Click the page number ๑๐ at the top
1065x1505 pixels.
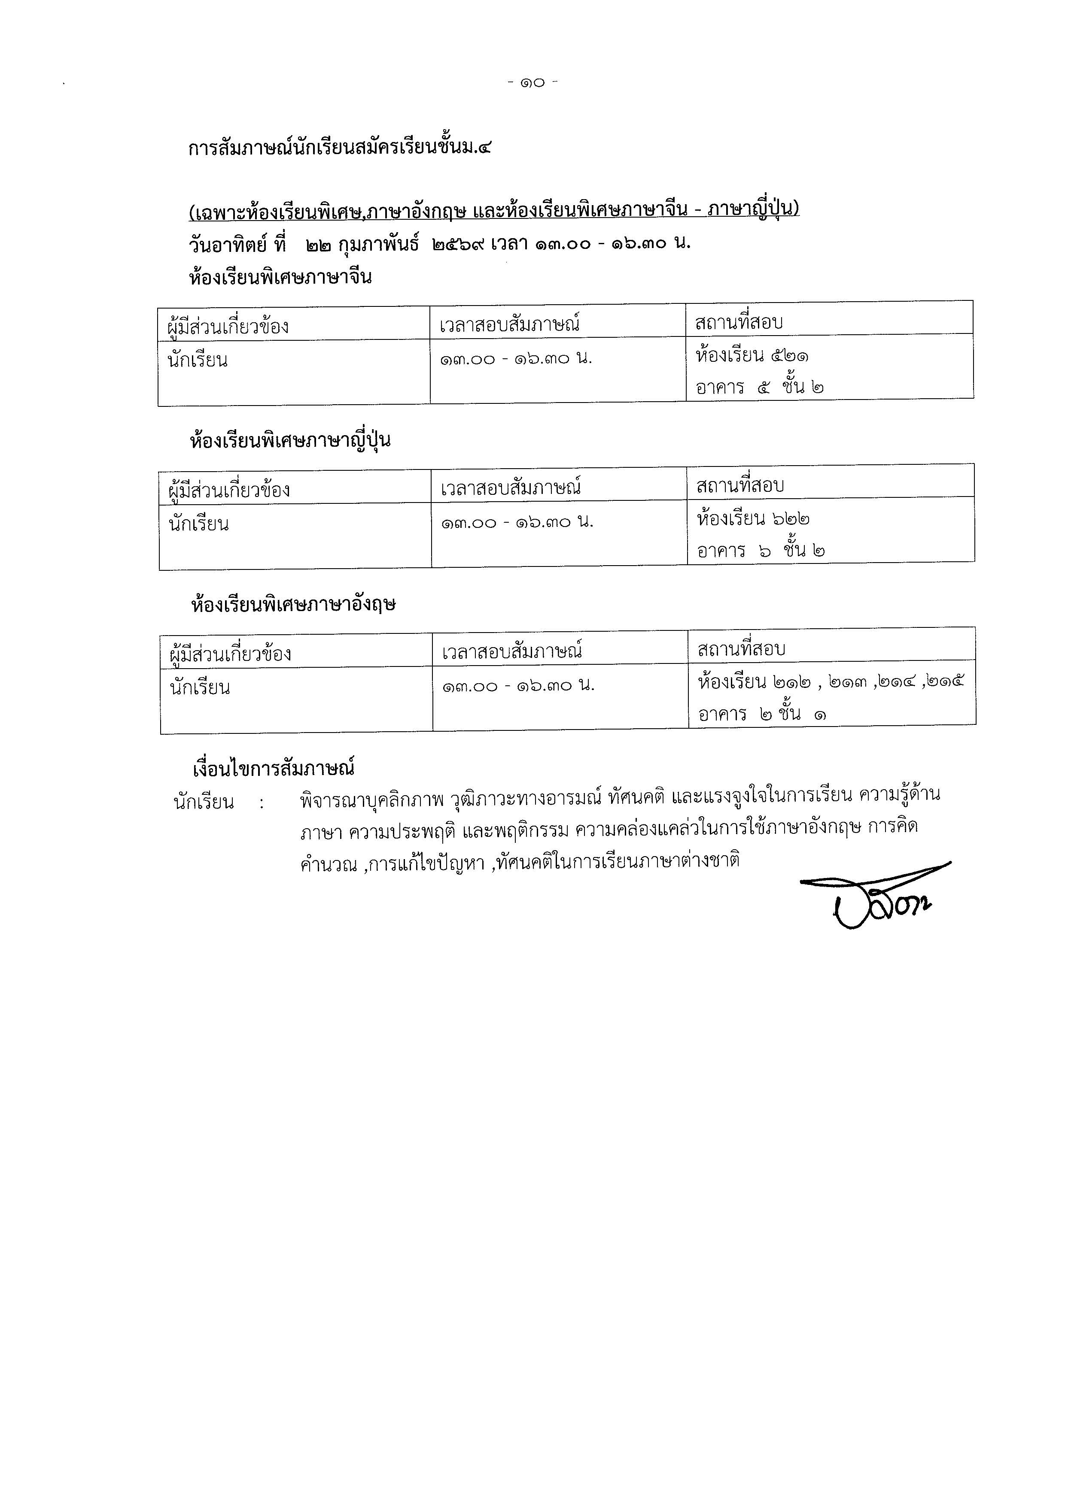532,83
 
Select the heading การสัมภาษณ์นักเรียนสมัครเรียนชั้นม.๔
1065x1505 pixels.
339,148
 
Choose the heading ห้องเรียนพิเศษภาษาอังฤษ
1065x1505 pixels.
293,604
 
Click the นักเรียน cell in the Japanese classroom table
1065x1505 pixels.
199,524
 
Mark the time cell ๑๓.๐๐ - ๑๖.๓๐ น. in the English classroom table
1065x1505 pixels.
518,686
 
